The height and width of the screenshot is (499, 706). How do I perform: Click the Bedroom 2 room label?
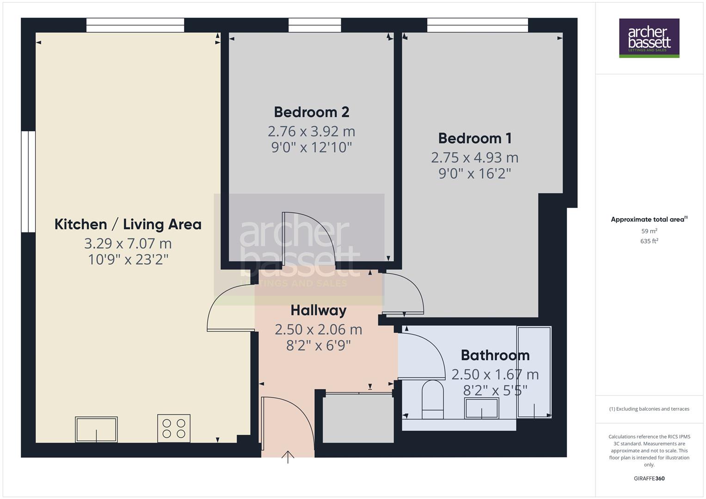[311, 112]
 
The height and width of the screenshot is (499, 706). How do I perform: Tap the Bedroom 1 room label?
[475, 138]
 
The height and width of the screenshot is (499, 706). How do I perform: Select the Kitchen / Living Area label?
[128, 225]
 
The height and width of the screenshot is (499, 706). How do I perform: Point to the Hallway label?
[319, 310]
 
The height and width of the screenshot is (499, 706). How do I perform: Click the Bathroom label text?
[495, 355]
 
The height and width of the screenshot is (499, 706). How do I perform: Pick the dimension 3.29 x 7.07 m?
[128, 243]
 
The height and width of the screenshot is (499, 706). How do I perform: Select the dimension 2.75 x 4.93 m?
[475, 158]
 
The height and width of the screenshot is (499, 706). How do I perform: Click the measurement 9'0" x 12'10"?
[311, 148]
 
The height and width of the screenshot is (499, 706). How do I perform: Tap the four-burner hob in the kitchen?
[174, 428]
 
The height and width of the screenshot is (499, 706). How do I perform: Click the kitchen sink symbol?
[96, 429]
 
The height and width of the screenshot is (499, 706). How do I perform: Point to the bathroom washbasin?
[481, 408]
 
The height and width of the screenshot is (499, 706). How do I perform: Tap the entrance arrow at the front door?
[288, 456]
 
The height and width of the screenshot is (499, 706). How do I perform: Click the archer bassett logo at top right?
[649, 38]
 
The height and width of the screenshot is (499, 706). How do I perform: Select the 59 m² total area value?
[649, 231]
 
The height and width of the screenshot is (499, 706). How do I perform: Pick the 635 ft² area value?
[649, 241]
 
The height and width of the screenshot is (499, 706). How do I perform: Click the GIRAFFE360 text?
[649, 479]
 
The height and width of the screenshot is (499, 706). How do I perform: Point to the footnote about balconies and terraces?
[649, 409]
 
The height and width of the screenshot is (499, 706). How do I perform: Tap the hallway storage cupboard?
[358, 418]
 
